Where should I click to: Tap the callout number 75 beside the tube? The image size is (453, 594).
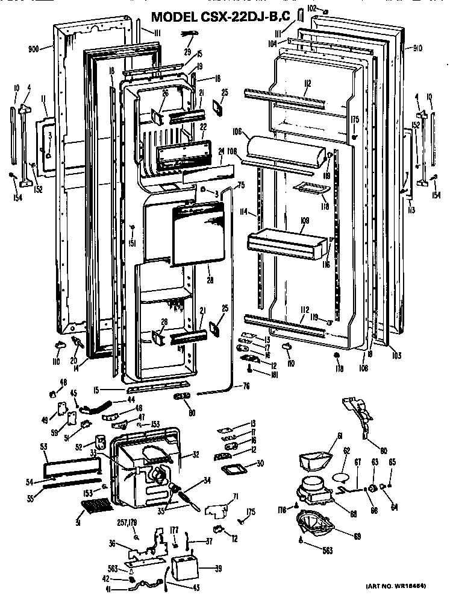pos(241,186)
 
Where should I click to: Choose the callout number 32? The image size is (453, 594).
pos(195,455)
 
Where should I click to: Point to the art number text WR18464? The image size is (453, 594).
pos(410,586)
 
